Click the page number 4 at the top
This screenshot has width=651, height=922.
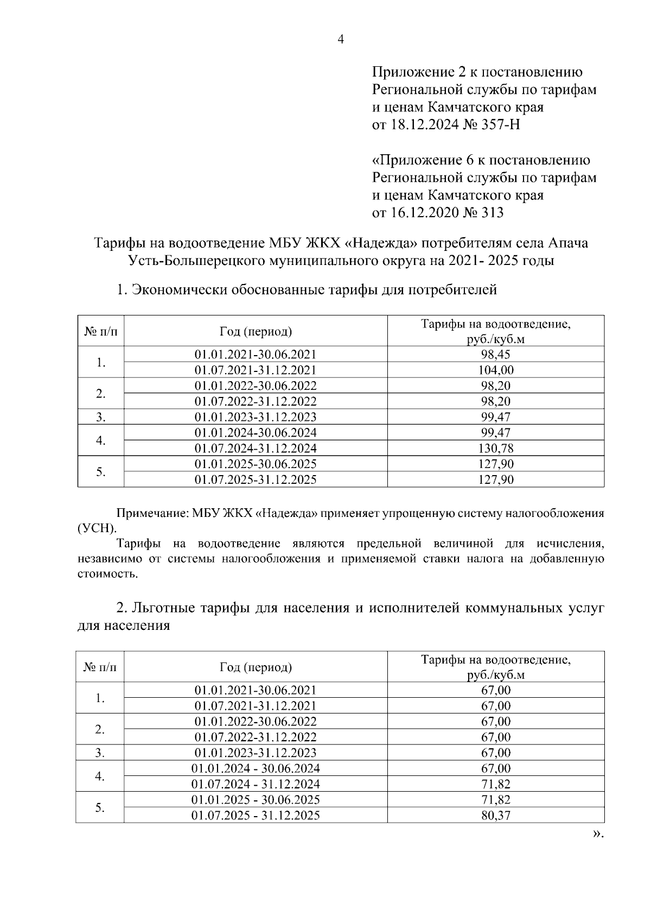coord(341,40)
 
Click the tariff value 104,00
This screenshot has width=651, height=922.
coord(496,370)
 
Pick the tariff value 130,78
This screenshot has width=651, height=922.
coord(496,449)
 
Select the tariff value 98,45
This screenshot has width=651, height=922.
coord(496,355)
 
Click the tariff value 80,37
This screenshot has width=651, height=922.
coord(496,815)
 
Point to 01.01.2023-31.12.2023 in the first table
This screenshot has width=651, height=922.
coord(256,417)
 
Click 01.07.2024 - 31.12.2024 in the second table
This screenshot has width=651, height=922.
coord(256,784)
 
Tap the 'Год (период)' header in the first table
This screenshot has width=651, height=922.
coord(256,331)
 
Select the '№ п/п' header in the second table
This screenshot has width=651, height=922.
coord(100,667)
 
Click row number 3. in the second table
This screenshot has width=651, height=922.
coord(100,753)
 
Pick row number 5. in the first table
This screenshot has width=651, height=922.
coord(101,472)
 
